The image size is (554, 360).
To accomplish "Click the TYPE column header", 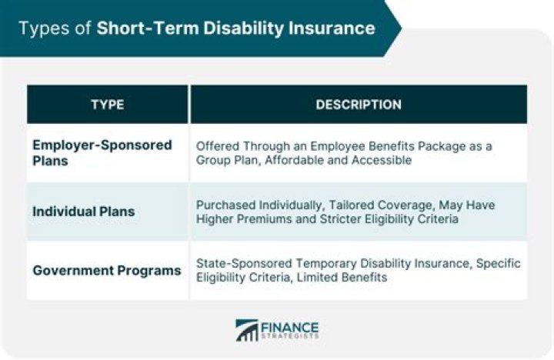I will pos(108,105).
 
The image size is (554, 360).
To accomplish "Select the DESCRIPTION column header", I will pos(359,105).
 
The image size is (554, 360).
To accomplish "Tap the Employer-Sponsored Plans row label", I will pos(102,153).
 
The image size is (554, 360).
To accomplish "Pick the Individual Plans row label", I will pos(84,212).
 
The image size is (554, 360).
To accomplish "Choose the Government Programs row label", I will pos(106,270).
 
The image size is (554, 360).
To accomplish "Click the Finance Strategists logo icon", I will pos(248,330).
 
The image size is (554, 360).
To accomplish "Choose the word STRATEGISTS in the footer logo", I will pos(291,336).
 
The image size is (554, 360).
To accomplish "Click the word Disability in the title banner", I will pos(242,29).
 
